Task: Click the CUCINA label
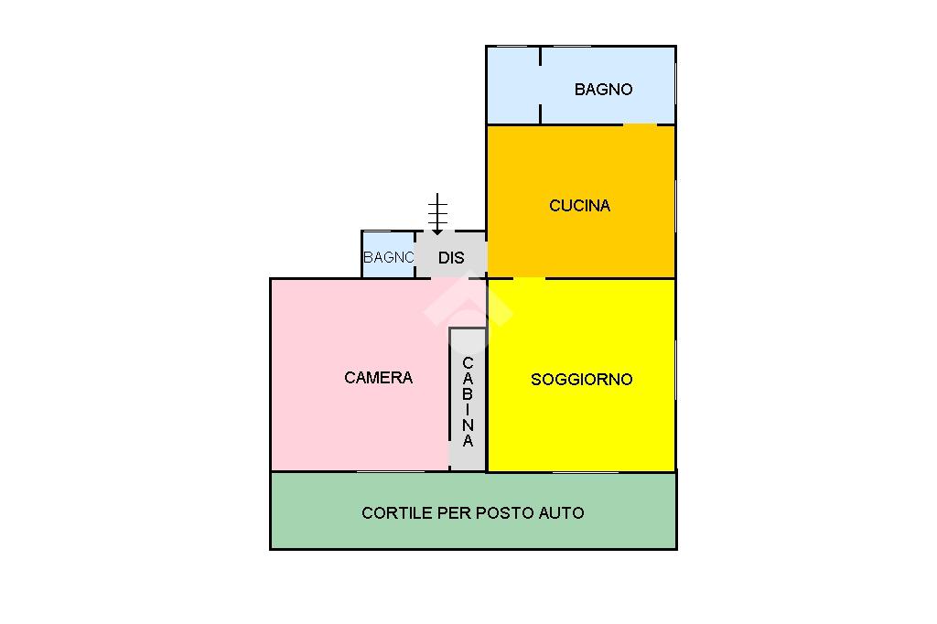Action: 579,206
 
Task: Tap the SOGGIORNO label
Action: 581,380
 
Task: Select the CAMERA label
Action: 378,378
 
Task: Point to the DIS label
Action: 451,258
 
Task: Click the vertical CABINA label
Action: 468,402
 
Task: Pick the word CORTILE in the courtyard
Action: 397,512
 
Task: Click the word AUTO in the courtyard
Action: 562,512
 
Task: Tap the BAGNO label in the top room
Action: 604,90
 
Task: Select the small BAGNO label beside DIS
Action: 388,258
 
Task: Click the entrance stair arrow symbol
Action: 437,213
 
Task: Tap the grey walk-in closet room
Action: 468,399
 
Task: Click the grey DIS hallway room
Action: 451,254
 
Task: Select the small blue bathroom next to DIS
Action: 388,254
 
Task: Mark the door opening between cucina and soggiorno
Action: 530,278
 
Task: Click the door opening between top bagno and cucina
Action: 640,125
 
